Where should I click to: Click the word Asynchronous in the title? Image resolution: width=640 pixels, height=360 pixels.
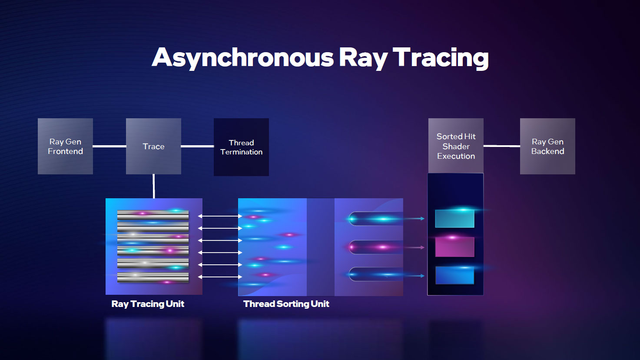coord(242,58)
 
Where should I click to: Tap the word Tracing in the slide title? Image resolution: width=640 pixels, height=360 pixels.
coord(441,58)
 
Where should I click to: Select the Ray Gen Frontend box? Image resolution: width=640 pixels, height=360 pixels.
coord(65,146)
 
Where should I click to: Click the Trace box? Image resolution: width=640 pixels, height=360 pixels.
coord(153,146)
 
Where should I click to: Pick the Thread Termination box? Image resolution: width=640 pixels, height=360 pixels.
coord(241,147)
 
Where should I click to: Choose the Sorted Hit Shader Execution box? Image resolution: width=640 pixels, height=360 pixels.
coord(456,146)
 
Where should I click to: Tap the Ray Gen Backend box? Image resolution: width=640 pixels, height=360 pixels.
coord(547,146)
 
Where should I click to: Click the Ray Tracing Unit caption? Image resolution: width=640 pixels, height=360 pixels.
coord(148,304)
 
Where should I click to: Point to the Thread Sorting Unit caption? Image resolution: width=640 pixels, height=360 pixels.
coord(286,304)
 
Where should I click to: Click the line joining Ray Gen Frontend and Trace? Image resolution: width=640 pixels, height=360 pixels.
coord(109,146)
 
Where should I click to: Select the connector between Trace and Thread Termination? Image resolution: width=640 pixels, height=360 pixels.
coord(197,146)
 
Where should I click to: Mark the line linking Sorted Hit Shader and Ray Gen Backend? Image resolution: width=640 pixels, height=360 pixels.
coord(502,146)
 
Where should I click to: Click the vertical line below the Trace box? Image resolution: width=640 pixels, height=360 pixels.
coord(154,186)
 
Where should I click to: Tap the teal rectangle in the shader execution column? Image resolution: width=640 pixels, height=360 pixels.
coord(454,219)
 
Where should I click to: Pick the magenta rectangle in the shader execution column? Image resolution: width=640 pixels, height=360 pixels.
coord(454,247)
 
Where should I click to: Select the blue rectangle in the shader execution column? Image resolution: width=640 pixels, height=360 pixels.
coord(454,275)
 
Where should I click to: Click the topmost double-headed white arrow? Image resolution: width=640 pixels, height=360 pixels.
coord(220,216)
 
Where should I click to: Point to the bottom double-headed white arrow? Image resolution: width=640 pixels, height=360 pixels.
coord(220,277)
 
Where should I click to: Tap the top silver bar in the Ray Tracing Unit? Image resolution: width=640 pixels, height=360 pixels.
coord(153,215)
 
